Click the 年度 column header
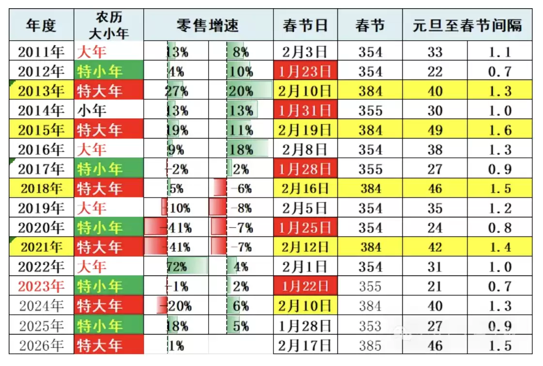pyautogui.click(x=41, y=25)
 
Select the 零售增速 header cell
pyautogui.click(x=208, y=25)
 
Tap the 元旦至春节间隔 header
pyautogui.click(x=467, y=25)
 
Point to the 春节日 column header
pyautogui.click(x=305, y=25)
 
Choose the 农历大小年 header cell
pyautogui.click(x=109, y=25)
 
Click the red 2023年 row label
pyautogui.click(x=41, y=286)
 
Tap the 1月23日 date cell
pyautogui.click(x=305, y=72)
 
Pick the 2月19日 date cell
pyautogui.click(x=305, y=130)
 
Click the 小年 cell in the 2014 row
pyautogui.click(x=109, y=111)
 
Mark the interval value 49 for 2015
pyautogui.click(x=435, y=130)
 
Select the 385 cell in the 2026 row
pyautogui.click(x=370, y=345)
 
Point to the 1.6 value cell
pyautogui.click(x=500, y=130)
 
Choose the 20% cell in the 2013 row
pyautogui.click(x=241, y=91)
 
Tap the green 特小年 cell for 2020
pyautogui.click(x=109, y=228)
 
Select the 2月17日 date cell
pyautogui.click(x=305, y=345)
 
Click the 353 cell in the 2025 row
pyautogui.click(x=370, y=325)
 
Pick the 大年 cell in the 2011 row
pyautogui.click(x=109, y=52)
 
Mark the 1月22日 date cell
pyautogui.click(x=305, y=286)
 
